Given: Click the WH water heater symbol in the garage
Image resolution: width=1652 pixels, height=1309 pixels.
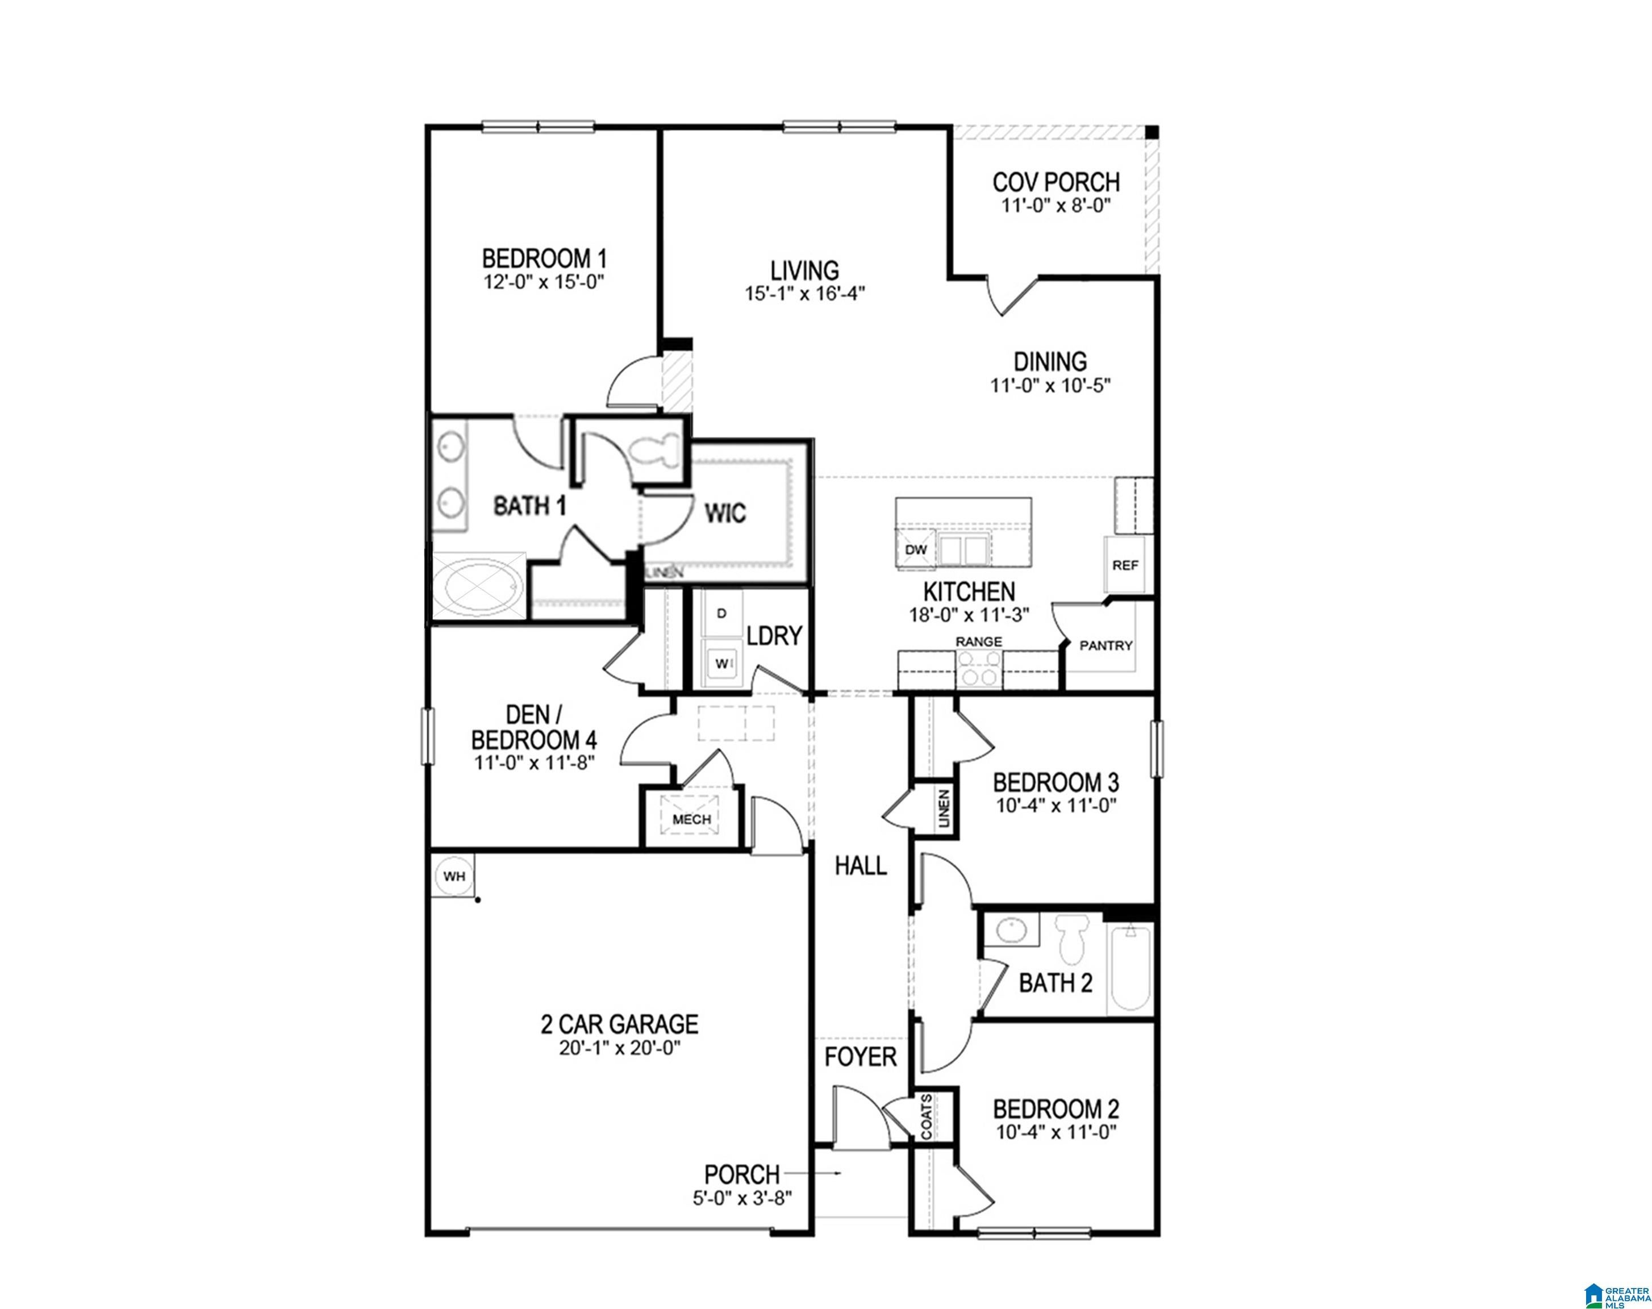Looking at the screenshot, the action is (x=455, y=876).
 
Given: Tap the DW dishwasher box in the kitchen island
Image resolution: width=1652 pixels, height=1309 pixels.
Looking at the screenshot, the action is (x=916, y=549).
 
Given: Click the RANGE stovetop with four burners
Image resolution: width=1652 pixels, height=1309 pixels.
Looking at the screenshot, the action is (x=980, y=668).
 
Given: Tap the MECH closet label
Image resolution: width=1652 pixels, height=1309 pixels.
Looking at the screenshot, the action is (x=691, y=819).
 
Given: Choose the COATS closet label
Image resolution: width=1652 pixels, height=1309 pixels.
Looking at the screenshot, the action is (x=927, y=1116).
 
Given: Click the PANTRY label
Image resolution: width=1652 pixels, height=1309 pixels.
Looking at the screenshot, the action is (x=1105, y=645).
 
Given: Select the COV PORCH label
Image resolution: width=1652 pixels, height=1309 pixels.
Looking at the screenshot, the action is (x=1056, y=182).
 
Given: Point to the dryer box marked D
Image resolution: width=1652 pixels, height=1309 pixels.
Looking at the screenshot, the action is (x=721, y=613).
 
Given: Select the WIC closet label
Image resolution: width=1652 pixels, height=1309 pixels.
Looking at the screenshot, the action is (x=725, y=512).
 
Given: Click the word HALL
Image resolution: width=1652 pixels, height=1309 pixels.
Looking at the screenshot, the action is (x=861, y=866).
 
